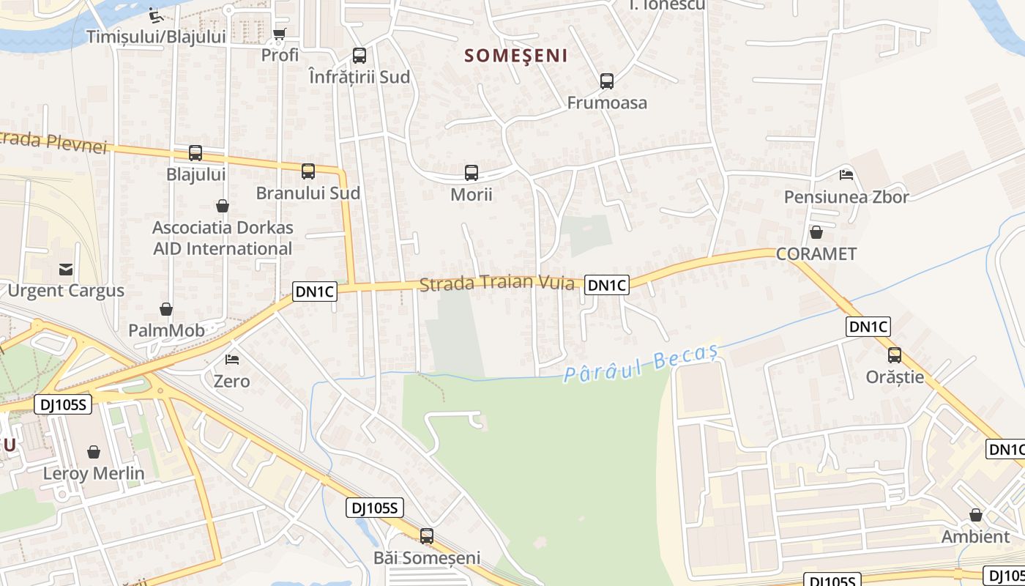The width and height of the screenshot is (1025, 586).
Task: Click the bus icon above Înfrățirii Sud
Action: click(359, 56)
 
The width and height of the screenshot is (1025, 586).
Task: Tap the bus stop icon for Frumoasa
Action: click(607, 81)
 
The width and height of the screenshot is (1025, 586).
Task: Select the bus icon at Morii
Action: click(471, 173)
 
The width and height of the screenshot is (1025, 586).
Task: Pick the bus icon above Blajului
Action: click(195, 153)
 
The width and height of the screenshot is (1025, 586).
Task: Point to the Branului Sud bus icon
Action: click(308, 171)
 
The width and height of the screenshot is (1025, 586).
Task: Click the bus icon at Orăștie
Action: click(895, 355)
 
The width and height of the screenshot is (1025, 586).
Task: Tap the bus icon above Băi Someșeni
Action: click(427, 536)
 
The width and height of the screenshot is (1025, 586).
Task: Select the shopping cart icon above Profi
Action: click(280, 34)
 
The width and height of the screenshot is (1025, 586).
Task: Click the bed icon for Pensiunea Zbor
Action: click(846, 175)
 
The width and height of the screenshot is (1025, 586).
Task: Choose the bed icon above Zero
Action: click(232, 360)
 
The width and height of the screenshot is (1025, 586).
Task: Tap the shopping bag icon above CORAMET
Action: click(816, 233)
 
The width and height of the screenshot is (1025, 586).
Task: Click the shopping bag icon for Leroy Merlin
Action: click(94, 452)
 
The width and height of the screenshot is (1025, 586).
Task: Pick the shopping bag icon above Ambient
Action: click(976, 515)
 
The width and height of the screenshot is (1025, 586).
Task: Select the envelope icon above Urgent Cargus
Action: click(66, 269)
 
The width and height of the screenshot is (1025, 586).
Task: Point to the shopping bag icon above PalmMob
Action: click(166, 309)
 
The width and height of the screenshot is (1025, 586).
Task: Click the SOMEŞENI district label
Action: click(516, 56)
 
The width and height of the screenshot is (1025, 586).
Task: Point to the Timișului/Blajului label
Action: click(156, 37)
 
